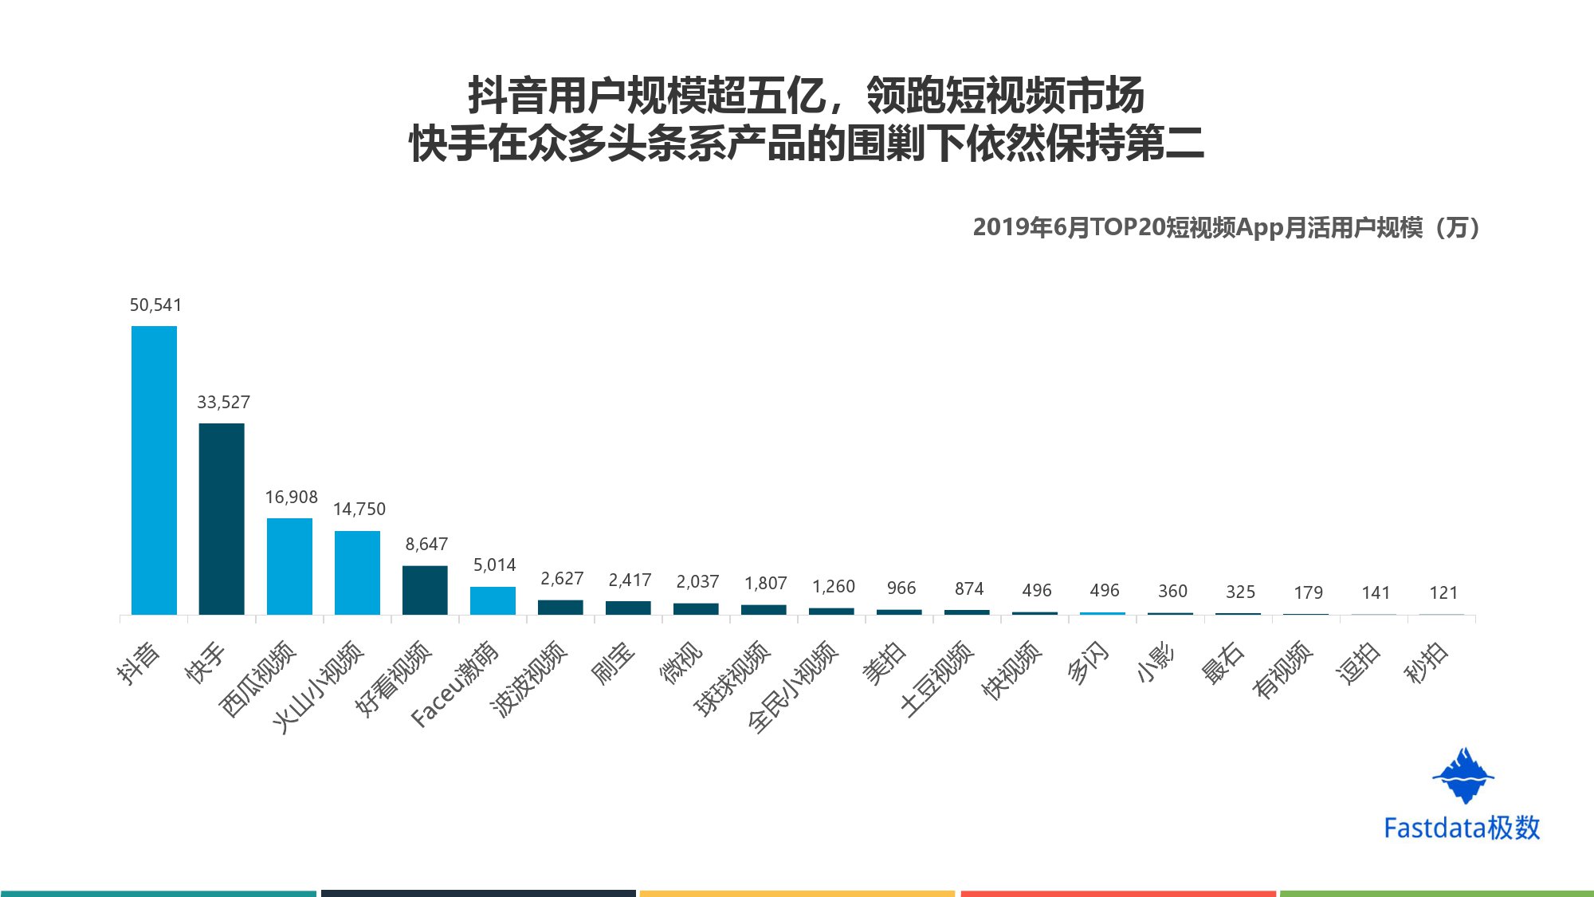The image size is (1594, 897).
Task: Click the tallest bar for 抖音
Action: tap(154, 470)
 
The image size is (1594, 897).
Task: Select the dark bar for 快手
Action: tap(222, 518)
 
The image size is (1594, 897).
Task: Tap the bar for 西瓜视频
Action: tap(289, 566)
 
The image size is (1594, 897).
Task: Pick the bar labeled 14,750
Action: tap(357, 572)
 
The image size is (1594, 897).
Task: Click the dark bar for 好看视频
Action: tap(425, 590)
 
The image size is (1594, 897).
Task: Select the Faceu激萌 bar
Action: tap(493, 600)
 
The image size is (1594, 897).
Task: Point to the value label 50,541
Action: tap(155, 305)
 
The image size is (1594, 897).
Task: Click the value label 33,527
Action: tap(223, 403)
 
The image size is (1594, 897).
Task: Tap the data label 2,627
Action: tap(562, 579)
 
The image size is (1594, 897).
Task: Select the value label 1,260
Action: tap(834, 587)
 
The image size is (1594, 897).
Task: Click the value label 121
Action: tap(1443, 593)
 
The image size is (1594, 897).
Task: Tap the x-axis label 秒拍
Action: tap(1426, 663)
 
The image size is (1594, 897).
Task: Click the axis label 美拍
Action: tap(884, 663)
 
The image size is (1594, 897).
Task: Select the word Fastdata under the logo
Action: tap(1435, 828)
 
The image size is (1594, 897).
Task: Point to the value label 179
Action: tap(1308, 593)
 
